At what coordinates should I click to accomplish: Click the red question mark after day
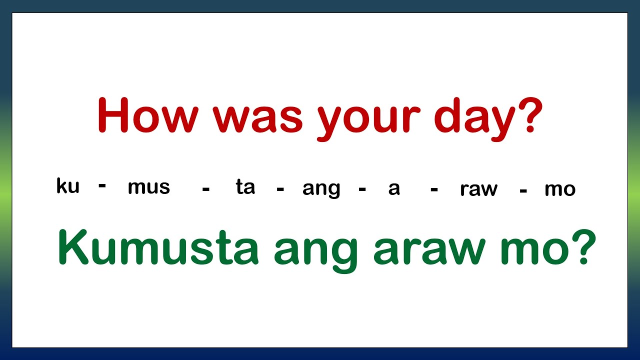point(526,115)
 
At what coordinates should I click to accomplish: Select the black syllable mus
point(149,187)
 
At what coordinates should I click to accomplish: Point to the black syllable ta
point(245,187)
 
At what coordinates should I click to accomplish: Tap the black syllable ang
point(321,189)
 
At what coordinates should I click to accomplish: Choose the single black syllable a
point(394,188)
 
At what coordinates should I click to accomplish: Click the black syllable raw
point(479,189)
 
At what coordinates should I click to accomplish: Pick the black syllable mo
point(560,189)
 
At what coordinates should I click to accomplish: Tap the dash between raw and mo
point(523,190)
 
